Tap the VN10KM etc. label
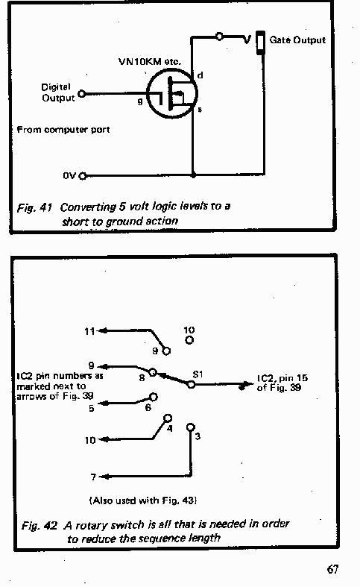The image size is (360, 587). (149, 61)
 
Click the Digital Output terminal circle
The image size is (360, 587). (81, 93)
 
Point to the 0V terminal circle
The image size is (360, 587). (82, 175)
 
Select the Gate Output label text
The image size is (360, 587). (297, 40)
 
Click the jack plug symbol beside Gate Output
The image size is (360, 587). (260, 43)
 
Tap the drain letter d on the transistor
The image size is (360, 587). (200, 75)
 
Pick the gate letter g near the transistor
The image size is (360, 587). (140, 101)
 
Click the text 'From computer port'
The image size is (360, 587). (63, 130)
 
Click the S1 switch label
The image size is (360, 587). (198, 374)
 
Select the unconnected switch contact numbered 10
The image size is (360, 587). (189, 340)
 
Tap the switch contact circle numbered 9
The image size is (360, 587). (166, 351)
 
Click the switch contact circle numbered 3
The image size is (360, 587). (191, 427)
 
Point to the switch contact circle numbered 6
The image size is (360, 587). (154, 397)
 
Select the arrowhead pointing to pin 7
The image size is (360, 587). (103, 477)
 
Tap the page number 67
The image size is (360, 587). (332, 569)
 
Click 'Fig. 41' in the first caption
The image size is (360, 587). (34, 207)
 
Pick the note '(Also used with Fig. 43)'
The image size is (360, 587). (143, 500)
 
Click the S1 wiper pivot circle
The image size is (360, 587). (191, 384)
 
